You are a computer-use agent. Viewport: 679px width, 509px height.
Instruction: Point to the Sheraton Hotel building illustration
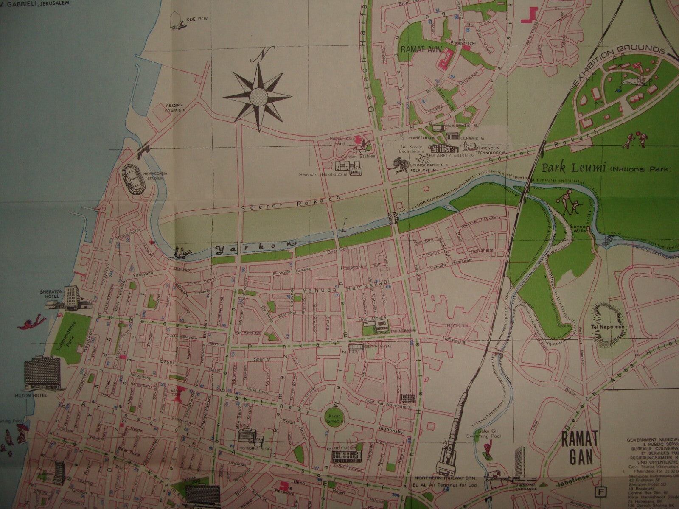click(73, 297)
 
